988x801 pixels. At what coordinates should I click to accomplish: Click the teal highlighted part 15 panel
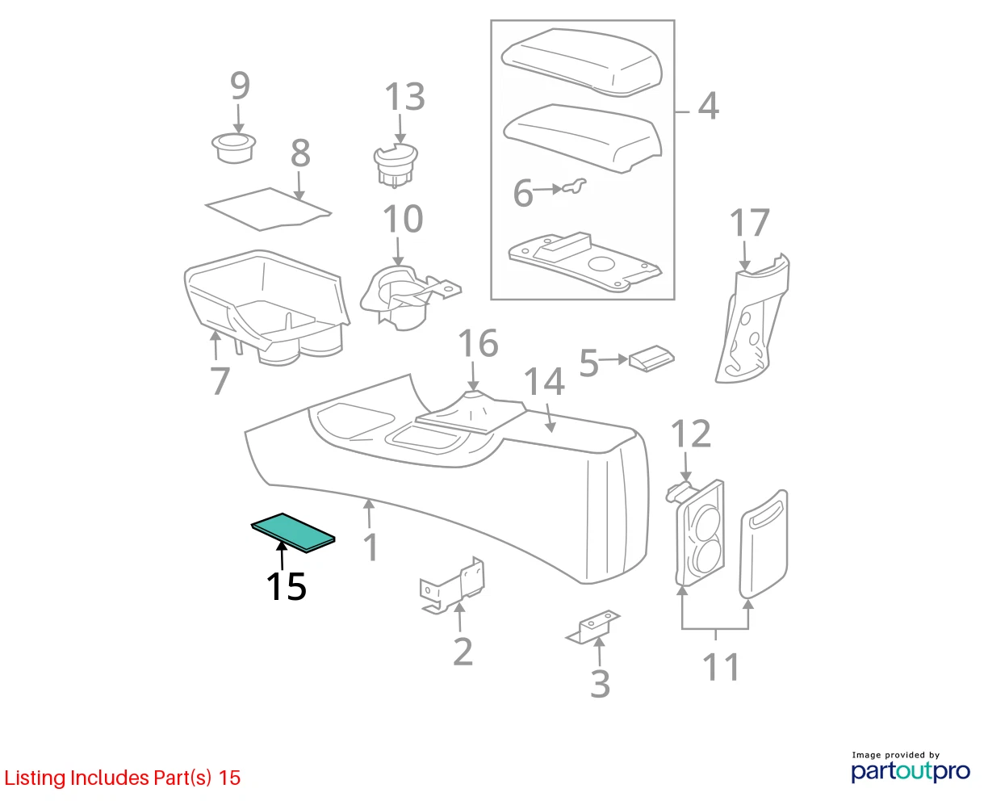(x=293, y=533)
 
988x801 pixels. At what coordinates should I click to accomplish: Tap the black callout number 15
(x=287, y=586)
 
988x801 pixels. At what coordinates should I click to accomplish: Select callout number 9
(x=240, y=86)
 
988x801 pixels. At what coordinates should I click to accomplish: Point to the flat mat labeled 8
(x=268, y=209)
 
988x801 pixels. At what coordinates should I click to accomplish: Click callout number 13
(x=405, y=97)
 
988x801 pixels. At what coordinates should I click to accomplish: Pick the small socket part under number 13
(x=396, y=165)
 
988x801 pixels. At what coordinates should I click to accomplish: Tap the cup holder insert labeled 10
(x=408, y=297)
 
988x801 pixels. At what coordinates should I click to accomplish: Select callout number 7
(x=220, y=380)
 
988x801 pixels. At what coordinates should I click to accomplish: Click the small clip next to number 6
(x=574, y=187)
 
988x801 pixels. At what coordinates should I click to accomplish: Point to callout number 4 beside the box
(x=708, y=107)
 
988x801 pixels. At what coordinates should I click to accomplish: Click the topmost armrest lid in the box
(x=581, y=63)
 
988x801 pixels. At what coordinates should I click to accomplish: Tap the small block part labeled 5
(x=651, y=359)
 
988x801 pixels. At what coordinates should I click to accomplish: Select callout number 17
(x=750, y=222)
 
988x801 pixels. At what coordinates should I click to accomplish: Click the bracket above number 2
(x=452, y=585)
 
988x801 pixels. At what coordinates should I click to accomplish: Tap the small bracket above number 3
(x=592, y=627)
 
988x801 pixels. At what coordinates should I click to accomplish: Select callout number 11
(x=722, y=667)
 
